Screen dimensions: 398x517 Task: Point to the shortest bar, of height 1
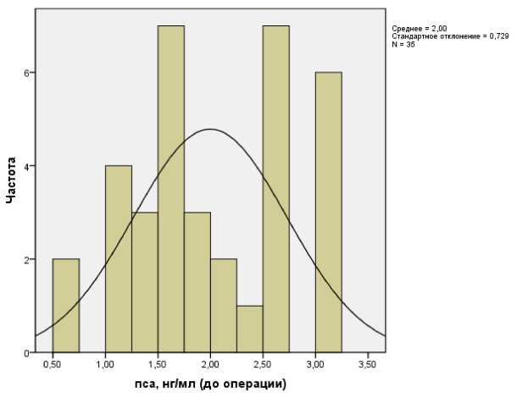click(x=250, y=329)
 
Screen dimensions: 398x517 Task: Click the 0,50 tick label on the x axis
click(x=53, y=365)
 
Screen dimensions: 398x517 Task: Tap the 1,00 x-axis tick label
click(x=105, y=365)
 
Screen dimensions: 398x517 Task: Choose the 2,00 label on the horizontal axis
click(x=210, y=365)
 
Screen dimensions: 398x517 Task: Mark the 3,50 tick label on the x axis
click(x=367, y=365)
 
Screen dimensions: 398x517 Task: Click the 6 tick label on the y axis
click(x=26, y=73)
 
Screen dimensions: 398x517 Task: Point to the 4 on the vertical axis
click(x=26, y=166)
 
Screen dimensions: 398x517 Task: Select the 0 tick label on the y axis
click(x=26, y=352)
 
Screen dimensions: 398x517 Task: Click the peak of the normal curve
click(x=210, y=129)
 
